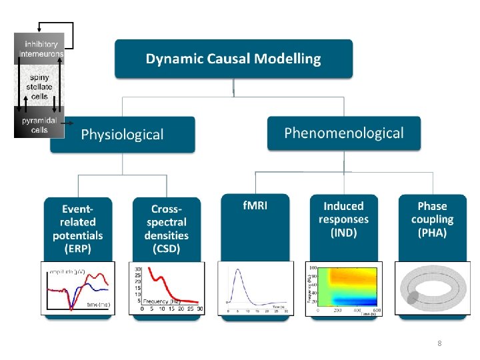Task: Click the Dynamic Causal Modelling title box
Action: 233,59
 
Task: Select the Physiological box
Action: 122,134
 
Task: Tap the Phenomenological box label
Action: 343,133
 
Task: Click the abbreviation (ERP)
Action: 78,249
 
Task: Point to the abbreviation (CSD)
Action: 166,249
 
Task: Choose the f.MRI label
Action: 255,205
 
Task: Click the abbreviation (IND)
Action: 343,233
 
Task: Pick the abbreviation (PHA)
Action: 432,233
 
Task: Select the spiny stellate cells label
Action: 39,86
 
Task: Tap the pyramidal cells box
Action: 39,125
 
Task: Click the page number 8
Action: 439,343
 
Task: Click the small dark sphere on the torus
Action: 413,297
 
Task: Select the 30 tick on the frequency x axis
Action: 200,309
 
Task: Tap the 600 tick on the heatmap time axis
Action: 377,310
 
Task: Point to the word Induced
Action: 343,206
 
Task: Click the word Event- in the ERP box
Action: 78,208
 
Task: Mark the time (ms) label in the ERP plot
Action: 98,304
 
